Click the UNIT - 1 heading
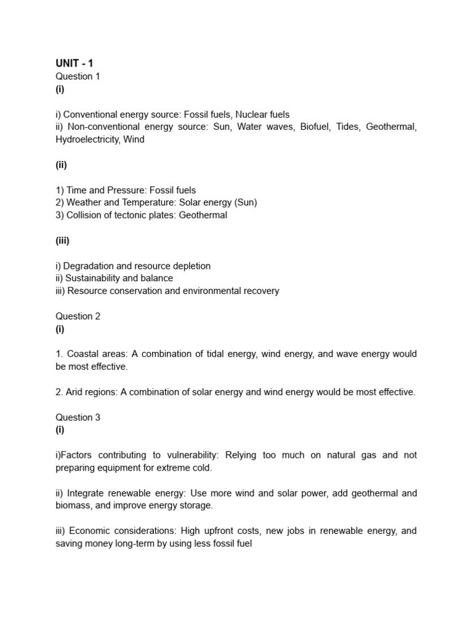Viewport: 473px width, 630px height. click(x=75, y=63)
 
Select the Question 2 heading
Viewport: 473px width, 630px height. click(x=78, y=316)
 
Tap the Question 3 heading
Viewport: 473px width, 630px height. click(x=78, y=417)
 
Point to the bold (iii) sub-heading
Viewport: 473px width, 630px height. click(x=62, y=241)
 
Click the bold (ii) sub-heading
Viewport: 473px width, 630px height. click(x=61, y=165)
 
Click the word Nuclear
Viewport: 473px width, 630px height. click(x=252, y=114)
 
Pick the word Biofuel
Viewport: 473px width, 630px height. click(x=315, y=127)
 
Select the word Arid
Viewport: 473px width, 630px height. click(x=76, y=392)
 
